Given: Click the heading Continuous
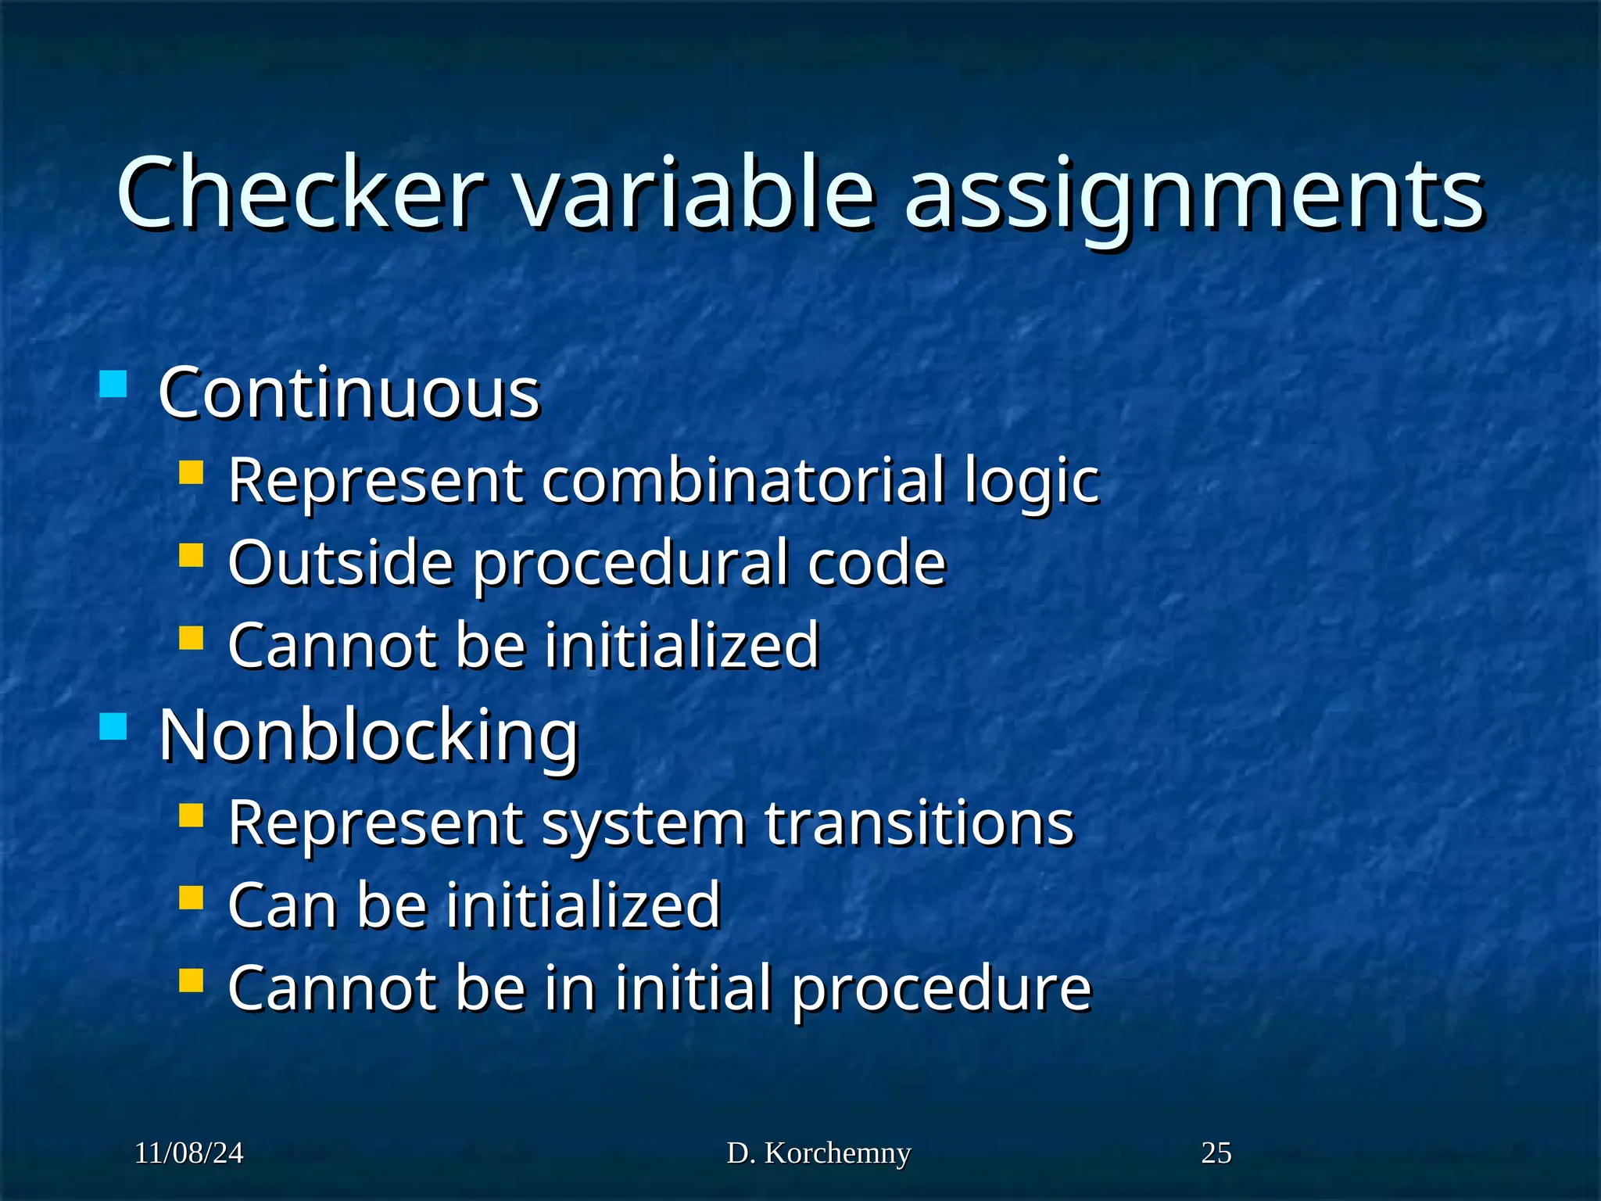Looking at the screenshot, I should click(349, 393).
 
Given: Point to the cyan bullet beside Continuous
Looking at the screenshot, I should click(113, 385).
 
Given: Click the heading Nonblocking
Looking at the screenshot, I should click(368, 736).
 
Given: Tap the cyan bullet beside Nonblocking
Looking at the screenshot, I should click(113, 726).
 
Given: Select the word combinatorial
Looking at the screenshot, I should click(743, 480).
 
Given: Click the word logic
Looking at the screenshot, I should click(1031, 482).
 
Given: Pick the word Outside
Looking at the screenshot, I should click(341, 563).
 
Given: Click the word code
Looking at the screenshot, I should click(876, 563).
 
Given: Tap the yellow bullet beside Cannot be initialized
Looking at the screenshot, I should click(191, 638).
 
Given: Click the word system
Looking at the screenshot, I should click(643, 824).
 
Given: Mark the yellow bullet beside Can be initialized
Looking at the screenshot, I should click(191, 898).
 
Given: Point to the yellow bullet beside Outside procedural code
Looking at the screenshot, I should click(191, 555).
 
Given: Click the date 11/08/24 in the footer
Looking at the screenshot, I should click(189, 1153).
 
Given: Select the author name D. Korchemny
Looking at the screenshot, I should click(818, 1153).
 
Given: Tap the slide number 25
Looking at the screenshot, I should click(1216, 1153).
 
